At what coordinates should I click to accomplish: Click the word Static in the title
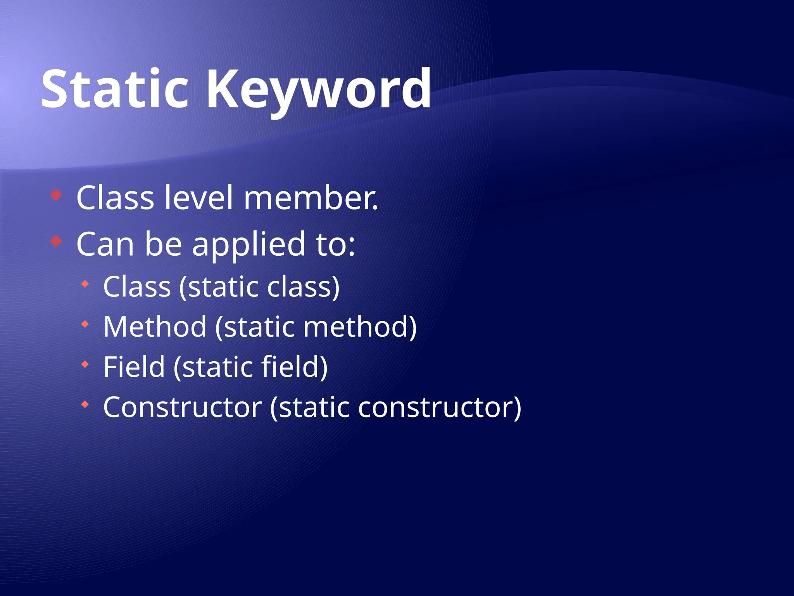click(115, 89)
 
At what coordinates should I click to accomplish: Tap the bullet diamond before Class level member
click(56, 195)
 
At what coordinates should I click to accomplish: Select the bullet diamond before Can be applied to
click(56, 241)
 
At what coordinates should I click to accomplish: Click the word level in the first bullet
click(198, 198)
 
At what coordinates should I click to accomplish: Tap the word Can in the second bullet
click(105, 244)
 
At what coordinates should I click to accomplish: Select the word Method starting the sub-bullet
click(155, 327)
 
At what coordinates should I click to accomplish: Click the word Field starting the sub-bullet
click(134, 367)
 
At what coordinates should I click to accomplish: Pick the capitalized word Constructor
click(182, 407)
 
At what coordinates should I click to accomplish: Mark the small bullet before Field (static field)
click(85, 364)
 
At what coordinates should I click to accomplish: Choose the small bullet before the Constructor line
click(85, 405)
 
